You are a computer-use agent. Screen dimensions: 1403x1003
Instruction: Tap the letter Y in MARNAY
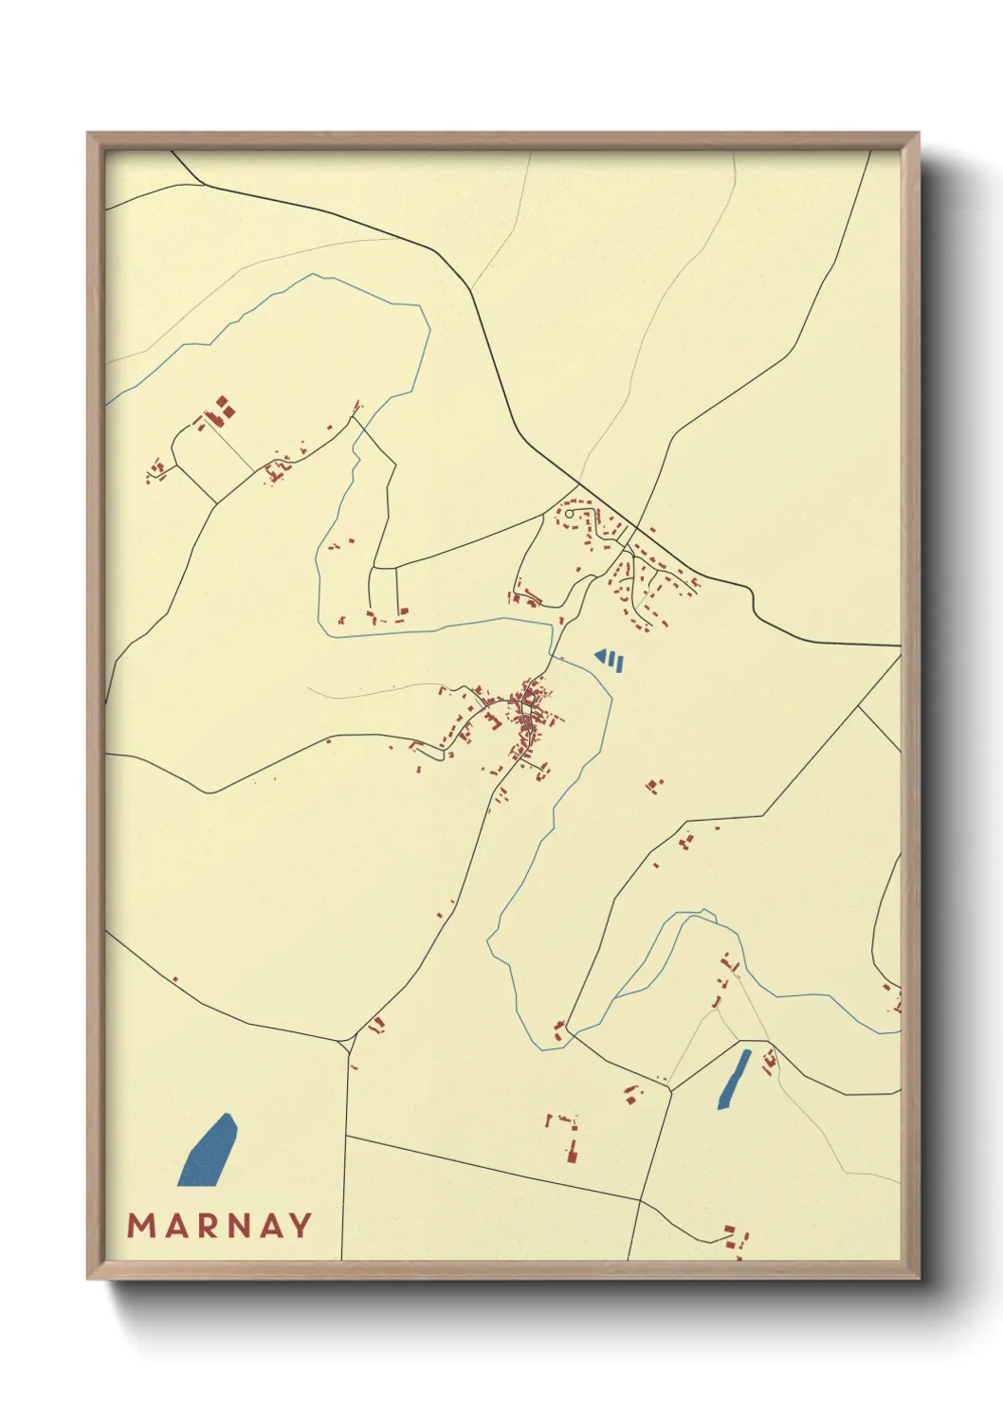301,1226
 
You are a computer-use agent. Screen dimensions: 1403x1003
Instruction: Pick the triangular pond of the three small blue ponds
599,655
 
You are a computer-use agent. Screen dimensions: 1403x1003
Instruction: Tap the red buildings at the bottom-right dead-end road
736,1236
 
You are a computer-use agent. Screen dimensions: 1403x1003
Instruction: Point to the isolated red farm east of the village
653,784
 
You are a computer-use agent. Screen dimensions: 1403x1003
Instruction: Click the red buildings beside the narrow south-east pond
769,1059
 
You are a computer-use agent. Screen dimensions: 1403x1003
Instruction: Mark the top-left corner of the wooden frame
88,134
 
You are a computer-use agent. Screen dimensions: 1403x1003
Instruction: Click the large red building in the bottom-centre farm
573,1153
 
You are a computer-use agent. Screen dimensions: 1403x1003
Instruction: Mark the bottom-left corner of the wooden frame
88,1278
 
